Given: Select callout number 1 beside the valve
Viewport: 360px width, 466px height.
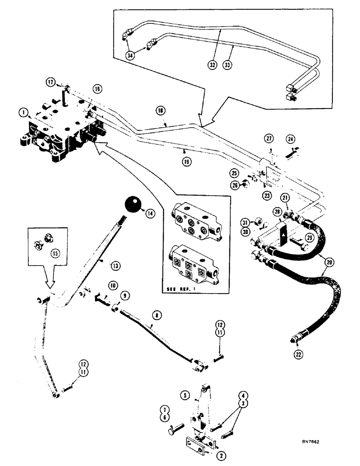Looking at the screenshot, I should click(x=21, y=112).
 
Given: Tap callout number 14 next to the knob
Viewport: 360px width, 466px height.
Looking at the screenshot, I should click(x=150, y=214).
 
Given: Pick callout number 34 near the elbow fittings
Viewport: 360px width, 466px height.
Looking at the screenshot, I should click(x=130, y=55).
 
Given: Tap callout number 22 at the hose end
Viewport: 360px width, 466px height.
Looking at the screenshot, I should click(x=298, y=355).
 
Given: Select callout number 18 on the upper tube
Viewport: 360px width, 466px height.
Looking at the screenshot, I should click(x=160, y=111).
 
